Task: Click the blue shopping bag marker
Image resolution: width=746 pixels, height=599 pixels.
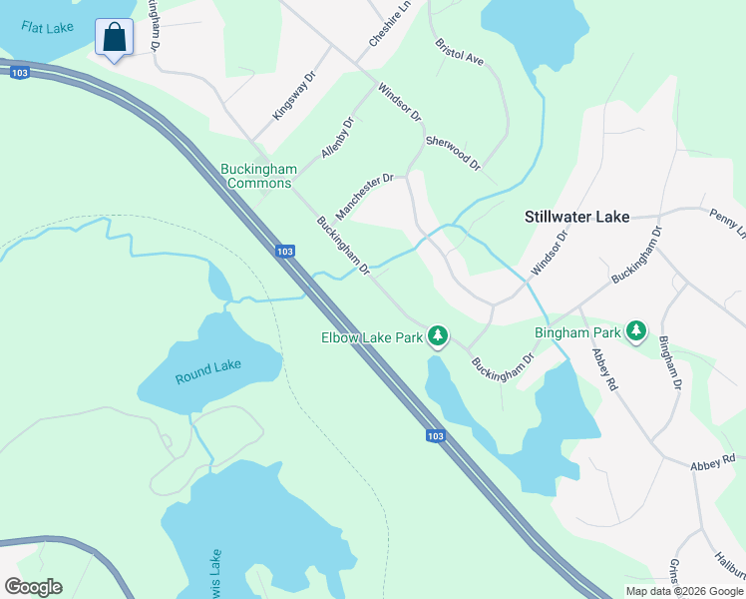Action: tap(115, 39)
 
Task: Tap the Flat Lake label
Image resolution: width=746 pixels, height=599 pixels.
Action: tap(47, 28)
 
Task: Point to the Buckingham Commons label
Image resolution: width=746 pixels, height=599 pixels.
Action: tap(259, 176)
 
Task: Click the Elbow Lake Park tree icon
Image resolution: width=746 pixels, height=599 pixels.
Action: tap(437, 337)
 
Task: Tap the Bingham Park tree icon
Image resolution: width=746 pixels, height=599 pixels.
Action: tap(635, 331)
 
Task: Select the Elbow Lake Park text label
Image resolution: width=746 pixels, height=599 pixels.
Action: tap(372, 337)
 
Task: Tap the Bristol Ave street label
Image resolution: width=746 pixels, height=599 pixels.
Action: tap(459, 52)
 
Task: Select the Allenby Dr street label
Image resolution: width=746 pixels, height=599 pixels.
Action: tap(338, 138)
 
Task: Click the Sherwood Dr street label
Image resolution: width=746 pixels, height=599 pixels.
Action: tap(453, 152)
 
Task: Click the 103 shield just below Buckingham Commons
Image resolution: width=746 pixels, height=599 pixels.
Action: tap(284, 251)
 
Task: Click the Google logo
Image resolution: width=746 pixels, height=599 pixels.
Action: tap(33, 587)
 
